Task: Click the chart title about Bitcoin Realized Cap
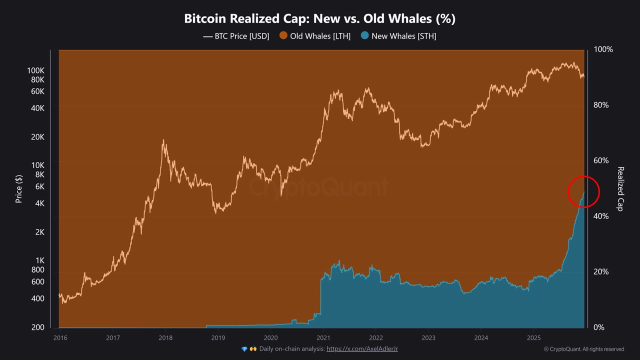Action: pos(319,18)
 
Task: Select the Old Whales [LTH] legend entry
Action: pos(315,36)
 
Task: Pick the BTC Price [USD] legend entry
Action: pos(236,36)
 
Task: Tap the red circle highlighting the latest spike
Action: pos(583,191)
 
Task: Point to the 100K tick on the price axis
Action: pos(36,70)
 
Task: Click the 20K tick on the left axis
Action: pos(37,137)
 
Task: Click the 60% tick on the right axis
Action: pos(601,160)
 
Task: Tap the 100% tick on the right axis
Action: pos(603,49)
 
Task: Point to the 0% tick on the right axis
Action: pos(599,327)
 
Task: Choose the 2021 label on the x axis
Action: pos(323,337)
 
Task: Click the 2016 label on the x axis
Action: pos(60,337)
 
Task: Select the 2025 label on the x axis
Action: pos(533,337)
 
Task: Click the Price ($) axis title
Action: pos(19,188)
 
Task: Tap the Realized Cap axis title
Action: pos(620,188)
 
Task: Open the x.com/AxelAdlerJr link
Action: pos(362,349)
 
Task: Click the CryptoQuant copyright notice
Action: pos(583,349)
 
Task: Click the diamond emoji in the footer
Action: pos(244,349)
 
